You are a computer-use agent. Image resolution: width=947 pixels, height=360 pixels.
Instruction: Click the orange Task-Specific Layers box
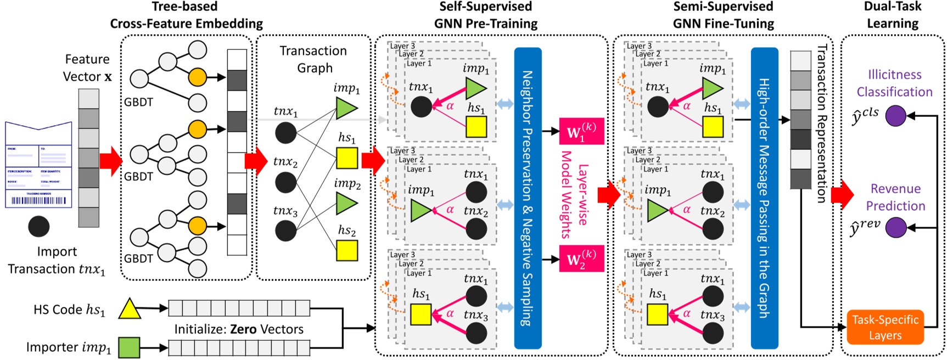point(885,327)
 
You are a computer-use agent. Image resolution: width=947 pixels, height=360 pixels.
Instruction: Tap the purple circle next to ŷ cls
point(895,116)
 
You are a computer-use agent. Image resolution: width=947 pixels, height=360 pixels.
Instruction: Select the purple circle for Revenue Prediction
point(895,227)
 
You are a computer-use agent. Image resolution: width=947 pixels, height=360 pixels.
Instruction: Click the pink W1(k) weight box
point(581,132)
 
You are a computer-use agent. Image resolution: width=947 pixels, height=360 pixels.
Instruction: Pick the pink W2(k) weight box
point(581,259)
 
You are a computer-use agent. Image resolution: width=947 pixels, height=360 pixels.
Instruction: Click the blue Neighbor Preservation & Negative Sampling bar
point(528,198)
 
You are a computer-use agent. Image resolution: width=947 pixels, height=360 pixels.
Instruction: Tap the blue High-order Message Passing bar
point(764,198)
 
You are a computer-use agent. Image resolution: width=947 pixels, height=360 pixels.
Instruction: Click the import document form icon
point(38,165)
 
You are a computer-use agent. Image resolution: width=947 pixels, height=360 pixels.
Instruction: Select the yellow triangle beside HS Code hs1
point(130,309)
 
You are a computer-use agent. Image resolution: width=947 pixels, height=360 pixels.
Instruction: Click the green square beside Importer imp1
point(129,347)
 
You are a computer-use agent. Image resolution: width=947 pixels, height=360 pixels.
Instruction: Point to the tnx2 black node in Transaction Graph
point(285,182)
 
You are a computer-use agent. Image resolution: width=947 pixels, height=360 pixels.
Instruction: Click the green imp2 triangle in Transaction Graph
point(346,204)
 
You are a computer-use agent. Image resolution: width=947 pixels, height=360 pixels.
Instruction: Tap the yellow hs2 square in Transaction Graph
point(346,251)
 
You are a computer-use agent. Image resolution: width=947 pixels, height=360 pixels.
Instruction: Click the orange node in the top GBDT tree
point(197,77)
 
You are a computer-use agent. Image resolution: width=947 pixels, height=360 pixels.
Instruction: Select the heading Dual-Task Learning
point(893,15)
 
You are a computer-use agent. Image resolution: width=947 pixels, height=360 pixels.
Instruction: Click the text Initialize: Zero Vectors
point(239,329)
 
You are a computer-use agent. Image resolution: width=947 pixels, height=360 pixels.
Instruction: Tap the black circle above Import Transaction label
point(38,227)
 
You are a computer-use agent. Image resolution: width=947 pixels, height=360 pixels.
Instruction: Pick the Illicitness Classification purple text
point(894,83)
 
